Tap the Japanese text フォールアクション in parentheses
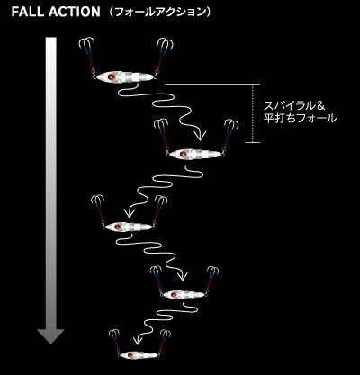(x=160, y=12)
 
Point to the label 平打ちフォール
(x=300, y=118)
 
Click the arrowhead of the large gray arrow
(x=50, y=336)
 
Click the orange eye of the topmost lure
(x=112, y=76)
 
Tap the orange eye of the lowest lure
(x=130, y=355)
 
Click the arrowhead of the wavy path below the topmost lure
(x=200, y=135)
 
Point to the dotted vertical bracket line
(x=253, y=113)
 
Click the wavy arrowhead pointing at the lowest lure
(x=138, y=340)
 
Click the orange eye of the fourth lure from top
(x=174, y=295)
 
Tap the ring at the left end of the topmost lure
(x=94, y=76)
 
